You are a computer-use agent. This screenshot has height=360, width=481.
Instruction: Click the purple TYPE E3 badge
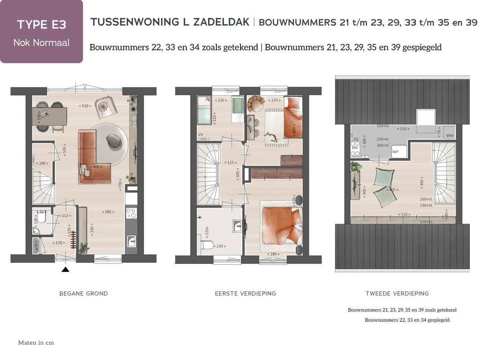click(41, 32)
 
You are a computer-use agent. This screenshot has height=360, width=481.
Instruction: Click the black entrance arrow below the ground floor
click(65, 269)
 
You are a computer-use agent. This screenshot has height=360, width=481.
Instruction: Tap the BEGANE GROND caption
click(83, 294)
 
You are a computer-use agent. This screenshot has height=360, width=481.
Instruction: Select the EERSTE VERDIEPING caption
click(245, 294)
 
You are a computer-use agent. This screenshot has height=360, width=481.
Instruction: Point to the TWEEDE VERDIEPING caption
click(397, 294)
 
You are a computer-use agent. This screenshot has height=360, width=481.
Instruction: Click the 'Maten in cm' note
click(36, 343)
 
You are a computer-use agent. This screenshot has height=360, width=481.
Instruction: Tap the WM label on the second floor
click(449, 136)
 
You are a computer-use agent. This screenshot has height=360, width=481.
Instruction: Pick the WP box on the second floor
click(395, 152)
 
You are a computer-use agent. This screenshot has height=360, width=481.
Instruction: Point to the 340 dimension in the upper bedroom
click(294, 131)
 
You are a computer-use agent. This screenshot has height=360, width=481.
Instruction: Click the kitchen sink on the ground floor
click(131, 242)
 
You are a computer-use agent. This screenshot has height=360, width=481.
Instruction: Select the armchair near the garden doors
click(106, 107)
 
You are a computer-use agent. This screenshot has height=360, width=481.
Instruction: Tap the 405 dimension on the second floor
click(392, 190)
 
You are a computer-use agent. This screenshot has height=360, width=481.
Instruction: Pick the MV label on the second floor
click(355, 148)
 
